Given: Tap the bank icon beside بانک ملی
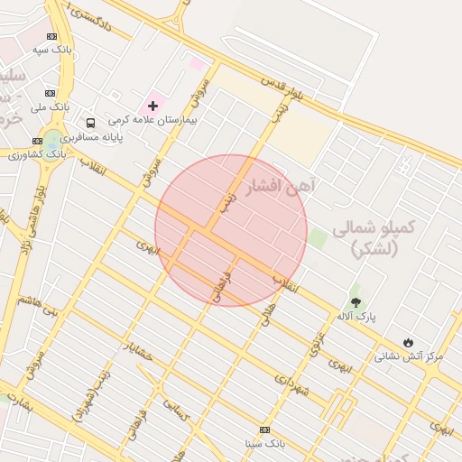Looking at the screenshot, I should pyautogui.click(x=50, y=93).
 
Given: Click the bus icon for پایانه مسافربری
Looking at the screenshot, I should pyautogui.click(x=90, y=123).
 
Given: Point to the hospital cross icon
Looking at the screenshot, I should pyautogui.click(x=152, y=106).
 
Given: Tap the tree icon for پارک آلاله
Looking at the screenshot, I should pyautogui.click(x=356, y=302).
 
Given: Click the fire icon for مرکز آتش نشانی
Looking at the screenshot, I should pyautogui.click(x=409, y=342).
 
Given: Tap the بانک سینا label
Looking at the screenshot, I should pyautogui.click(x=264, y=444).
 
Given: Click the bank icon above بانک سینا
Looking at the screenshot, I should pyautogui.click(x=264, y=430).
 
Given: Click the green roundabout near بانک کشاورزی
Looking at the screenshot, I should pyautogui.click(x=52, y=140).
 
